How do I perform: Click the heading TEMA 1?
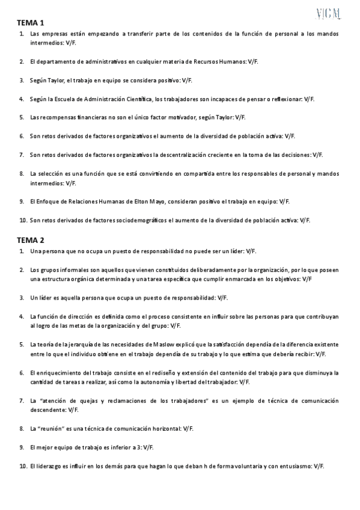[x=30, y=22]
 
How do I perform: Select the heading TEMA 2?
[x=30, y=239]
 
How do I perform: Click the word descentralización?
[x=194, y=155]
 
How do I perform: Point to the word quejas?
[x=103, y=401]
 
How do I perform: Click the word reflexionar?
[x=284, y=98]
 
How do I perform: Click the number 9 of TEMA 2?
[x=22, y=447]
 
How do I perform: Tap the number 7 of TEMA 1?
[x=22, y=155]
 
